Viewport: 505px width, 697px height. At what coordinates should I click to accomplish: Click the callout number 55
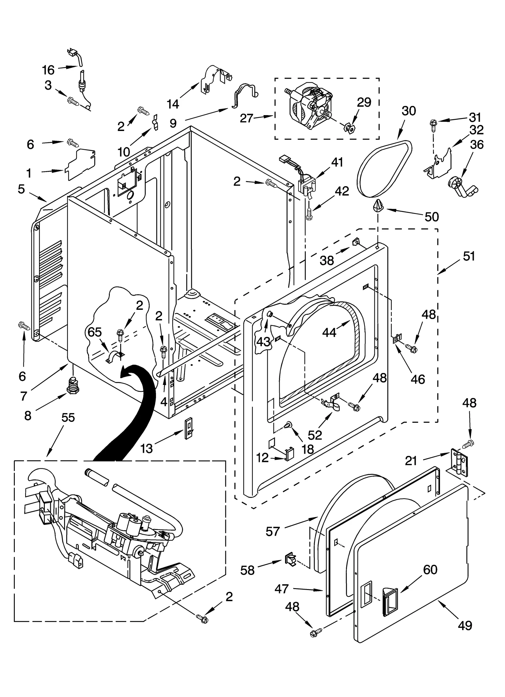point(68,417)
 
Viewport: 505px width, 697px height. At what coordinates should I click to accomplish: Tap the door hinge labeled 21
point(458,462)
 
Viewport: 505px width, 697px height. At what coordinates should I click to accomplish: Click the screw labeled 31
point(433,124)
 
